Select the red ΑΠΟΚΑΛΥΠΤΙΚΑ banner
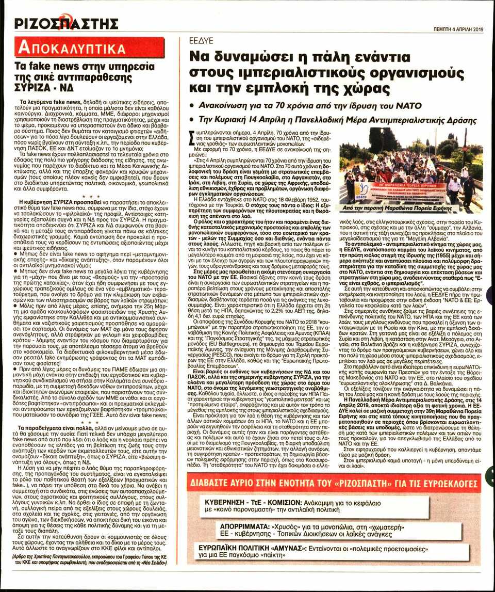click(90, 48)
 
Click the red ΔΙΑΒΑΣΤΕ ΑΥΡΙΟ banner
click(335, 484)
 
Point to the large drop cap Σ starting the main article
click(187, 138)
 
